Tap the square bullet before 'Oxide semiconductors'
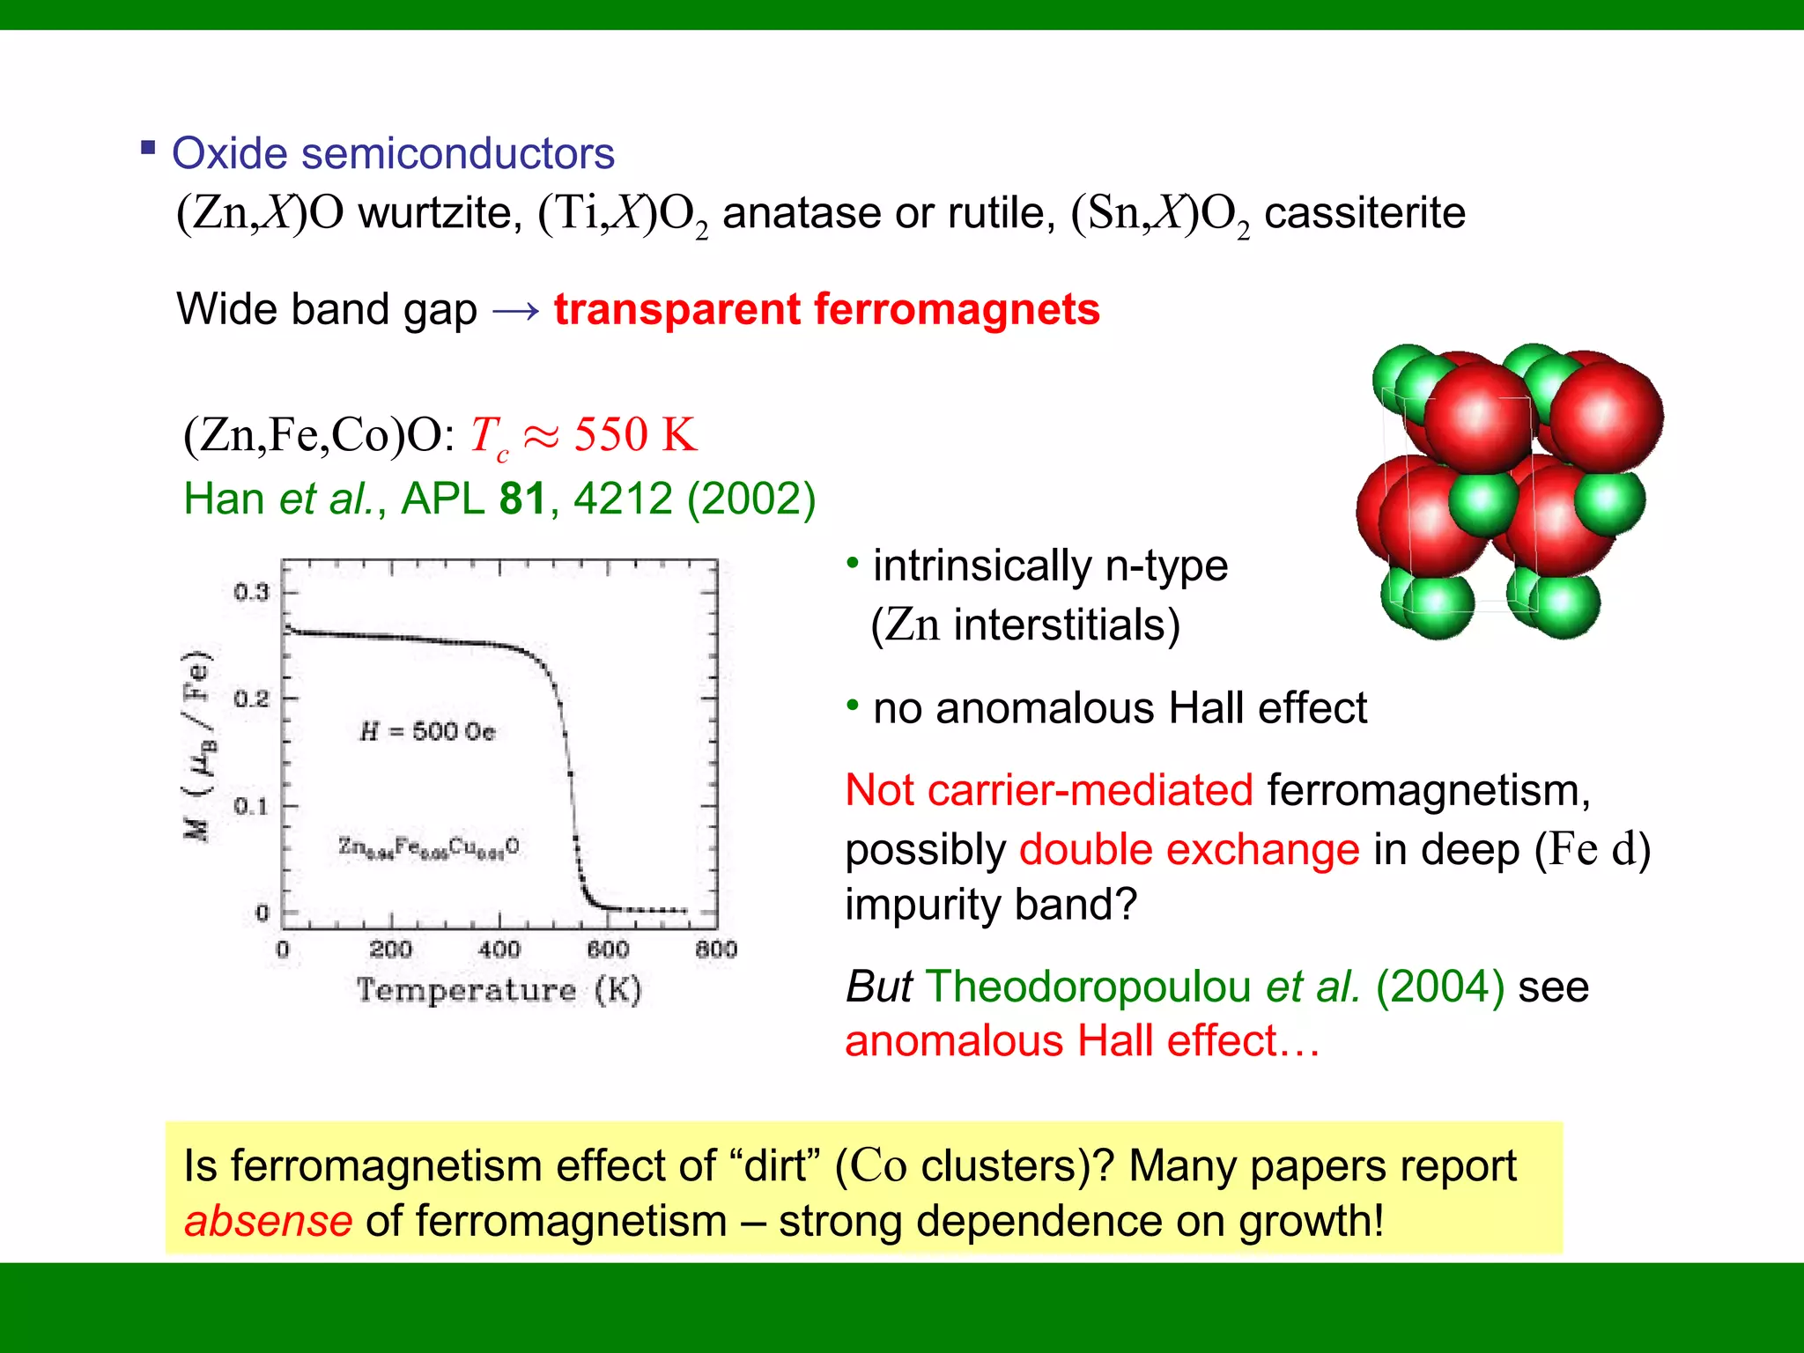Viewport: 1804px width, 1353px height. pyautogui.click(x=148, y=147)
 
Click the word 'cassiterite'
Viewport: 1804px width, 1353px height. pyautogui.click(x=1364, y=213)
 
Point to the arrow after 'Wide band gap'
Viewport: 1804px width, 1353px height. pyautogui.click(x=515, y=310)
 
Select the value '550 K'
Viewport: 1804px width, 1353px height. pyautogui.click(x=635, y=435)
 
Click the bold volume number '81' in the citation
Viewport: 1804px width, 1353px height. pyautogui.click(x=522, y=499)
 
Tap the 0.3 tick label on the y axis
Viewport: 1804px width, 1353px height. pyautogui.click(x=251, y=592)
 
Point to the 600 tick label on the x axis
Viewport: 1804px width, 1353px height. pyautogui.click(x=608, y=950)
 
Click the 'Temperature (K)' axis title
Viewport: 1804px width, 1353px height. pyautogui.click(x=499, y=990)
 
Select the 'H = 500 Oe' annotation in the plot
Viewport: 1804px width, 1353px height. pyautogui.click(x=427, y=731)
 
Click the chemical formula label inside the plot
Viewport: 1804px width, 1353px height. pyautogui.click(x=429, y=847)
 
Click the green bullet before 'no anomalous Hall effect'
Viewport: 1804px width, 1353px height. pyautogui.click(x=852, y=705)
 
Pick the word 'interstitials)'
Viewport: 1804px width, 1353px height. pyautogui.click(x=1066, y=625)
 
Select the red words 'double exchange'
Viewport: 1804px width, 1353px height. pyautogui.click(x=1189, y=850)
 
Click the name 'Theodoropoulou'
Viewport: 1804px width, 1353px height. pyautogui.click(x=1088, y=987)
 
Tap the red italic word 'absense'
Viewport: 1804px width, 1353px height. pyautogui.click(x=269, y=1222)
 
